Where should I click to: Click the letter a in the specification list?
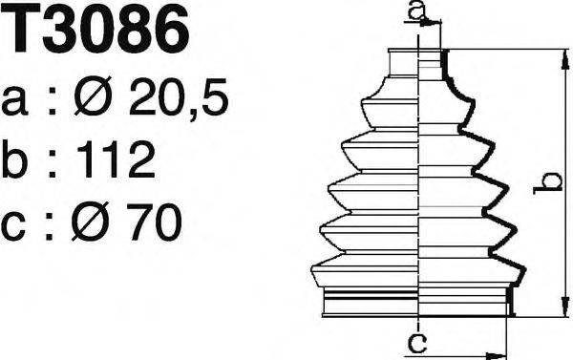click(x=18, y=100)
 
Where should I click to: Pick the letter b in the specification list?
click(x=18, y=160)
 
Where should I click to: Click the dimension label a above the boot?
click(x=415, y=11)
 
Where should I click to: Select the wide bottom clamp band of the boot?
click(x=420, y=304)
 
